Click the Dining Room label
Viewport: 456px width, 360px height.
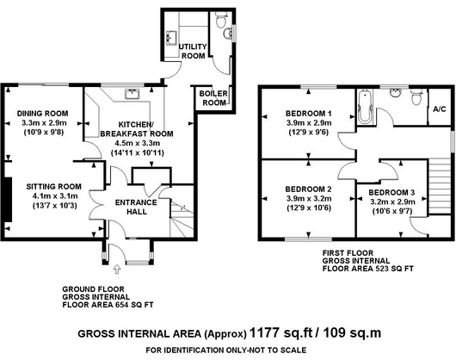point(42,114)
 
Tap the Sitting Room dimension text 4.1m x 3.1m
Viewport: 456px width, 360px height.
point(55,196)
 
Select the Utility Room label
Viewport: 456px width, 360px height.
point(193,51)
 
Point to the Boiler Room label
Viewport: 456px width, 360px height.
point(213,98)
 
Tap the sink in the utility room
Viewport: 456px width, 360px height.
point(171,38)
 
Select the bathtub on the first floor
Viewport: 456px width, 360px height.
point(365,107)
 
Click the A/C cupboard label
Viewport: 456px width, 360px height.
point(439,109)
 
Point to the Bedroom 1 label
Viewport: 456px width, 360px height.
point(309,113)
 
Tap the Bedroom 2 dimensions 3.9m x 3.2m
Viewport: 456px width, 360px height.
point(309,198)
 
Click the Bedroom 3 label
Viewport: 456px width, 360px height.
point(391,192)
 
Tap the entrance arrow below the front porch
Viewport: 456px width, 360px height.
point(117,270)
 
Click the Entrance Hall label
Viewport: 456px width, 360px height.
point(136,207)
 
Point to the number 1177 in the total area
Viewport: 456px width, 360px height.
point(265,332)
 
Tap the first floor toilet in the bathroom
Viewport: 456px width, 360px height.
point(416,97)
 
